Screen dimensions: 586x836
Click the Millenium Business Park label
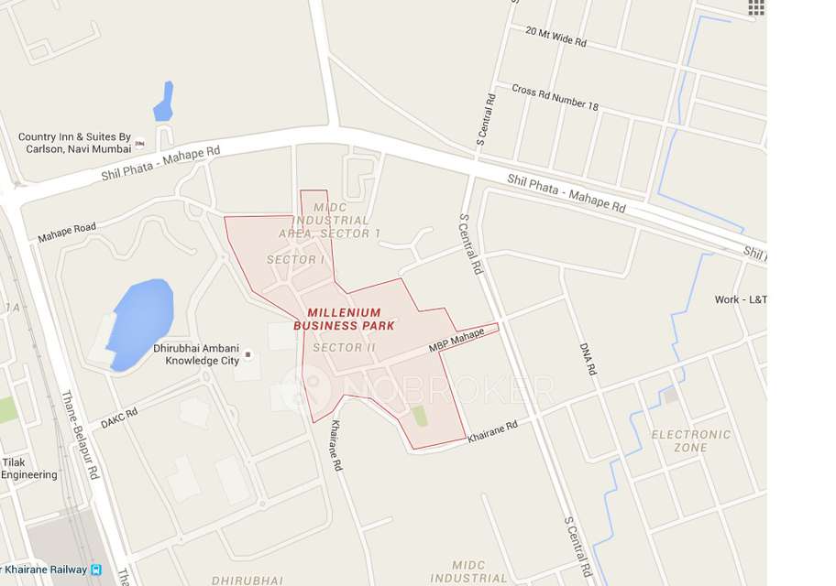coord(344,319)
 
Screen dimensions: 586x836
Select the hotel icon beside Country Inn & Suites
coord(139,144)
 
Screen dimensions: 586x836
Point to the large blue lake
coord(140,322)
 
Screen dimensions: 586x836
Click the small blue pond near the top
coord(164,103)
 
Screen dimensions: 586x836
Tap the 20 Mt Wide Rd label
coord(555,37)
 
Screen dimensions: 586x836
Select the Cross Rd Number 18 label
coord(555,97)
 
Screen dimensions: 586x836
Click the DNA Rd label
coord(588,360)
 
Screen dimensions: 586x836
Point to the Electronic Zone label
coord(691,440)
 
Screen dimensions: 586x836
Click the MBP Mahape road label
coord(456,342)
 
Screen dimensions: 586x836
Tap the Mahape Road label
coord(67,233)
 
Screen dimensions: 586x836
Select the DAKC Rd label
coord(119,418)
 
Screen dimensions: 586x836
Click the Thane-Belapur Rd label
coord(80,436)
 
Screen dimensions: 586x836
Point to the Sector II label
coord(344,348)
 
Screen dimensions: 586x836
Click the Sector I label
coord(296,260)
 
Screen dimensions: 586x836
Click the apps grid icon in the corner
coord(756,7)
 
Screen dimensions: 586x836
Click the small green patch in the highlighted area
coord(420,416)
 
